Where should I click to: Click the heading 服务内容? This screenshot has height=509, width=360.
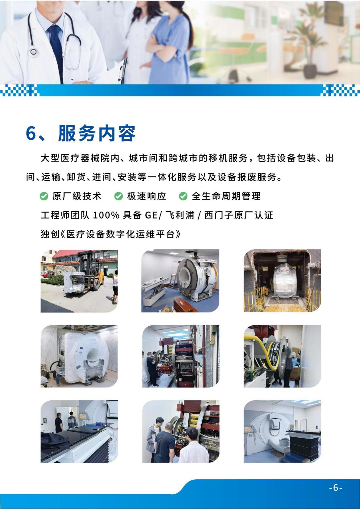coord(97,133)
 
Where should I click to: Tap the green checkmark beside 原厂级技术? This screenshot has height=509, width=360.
coord(44,196)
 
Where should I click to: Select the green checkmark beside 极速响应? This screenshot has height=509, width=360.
coord(118,196)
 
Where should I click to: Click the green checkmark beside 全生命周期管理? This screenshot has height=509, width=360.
coord(183,196)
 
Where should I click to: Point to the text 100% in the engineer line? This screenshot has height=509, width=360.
coord(106,215)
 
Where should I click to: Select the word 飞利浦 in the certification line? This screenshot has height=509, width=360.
coord(180,215)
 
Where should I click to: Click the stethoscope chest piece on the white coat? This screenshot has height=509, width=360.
coord(34,52)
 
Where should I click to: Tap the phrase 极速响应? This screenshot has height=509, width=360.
coord(147,196)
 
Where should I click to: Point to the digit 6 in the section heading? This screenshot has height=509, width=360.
coord(31,134)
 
